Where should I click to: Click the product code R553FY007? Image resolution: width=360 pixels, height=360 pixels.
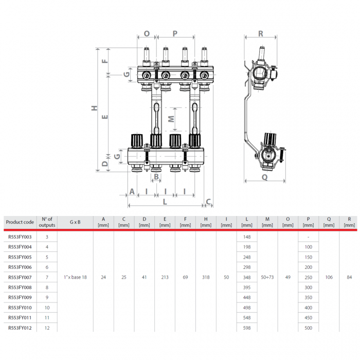20,277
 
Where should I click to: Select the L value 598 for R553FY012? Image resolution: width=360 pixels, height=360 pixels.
247,328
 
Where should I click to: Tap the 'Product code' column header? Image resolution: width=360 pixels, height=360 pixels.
20,222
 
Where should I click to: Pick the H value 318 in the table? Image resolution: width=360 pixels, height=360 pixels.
206,277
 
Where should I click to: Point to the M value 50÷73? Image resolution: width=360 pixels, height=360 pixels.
267,277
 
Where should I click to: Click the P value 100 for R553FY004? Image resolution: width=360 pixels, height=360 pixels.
308,247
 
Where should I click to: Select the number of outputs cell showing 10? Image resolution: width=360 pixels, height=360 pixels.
47,308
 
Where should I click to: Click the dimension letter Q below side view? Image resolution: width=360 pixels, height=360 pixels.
264,177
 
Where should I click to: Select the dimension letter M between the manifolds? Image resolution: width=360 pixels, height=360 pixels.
172,118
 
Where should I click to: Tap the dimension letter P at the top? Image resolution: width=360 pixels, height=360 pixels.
175,33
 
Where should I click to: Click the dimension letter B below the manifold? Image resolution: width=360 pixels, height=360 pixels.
156,177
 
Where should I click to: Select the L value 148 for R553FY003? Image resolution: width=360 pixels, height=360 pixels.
247,237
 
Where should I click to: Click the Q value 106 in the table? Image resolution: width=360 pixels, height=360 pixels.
329,277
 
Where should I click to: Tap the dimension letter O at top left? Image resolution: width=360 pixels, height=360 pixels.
147,33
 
